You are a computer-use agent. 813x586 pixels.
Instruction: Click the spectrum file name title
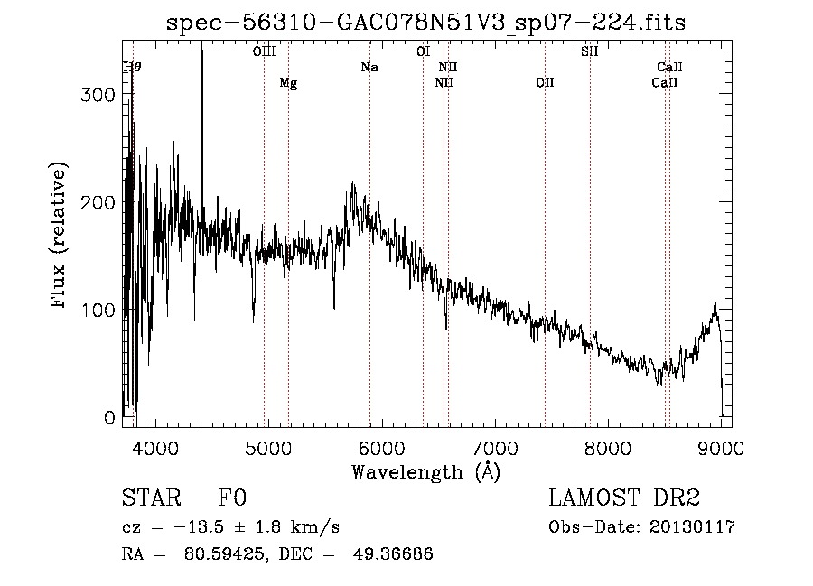425,23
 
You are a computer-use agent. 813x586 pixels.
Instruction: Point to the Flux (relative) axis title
60,236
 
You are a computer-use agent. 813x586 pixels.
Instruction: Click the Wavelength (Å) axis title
426,471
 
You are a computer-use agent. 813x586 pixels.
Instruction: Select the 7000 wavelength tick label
495,447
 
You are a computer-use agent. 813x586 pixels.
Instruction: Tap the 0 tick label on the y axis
109,418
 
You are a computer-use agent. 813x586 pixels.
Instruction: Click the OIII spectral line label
264,51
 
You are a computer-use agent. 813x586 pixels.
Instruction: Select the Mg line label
288,83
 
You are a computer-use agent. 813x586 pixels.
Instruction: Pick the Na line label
369,67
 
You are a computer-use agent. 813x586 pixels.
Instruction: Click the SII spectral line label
590,51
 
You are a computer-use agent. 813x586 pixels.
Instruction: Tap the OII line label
545,83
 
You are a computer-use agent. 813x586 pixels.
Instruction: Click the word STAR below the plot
150,498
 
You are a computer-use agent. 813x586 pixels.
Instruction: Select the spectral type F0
232,498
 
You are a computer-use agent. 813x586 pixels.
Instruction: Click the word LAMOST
588,498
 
